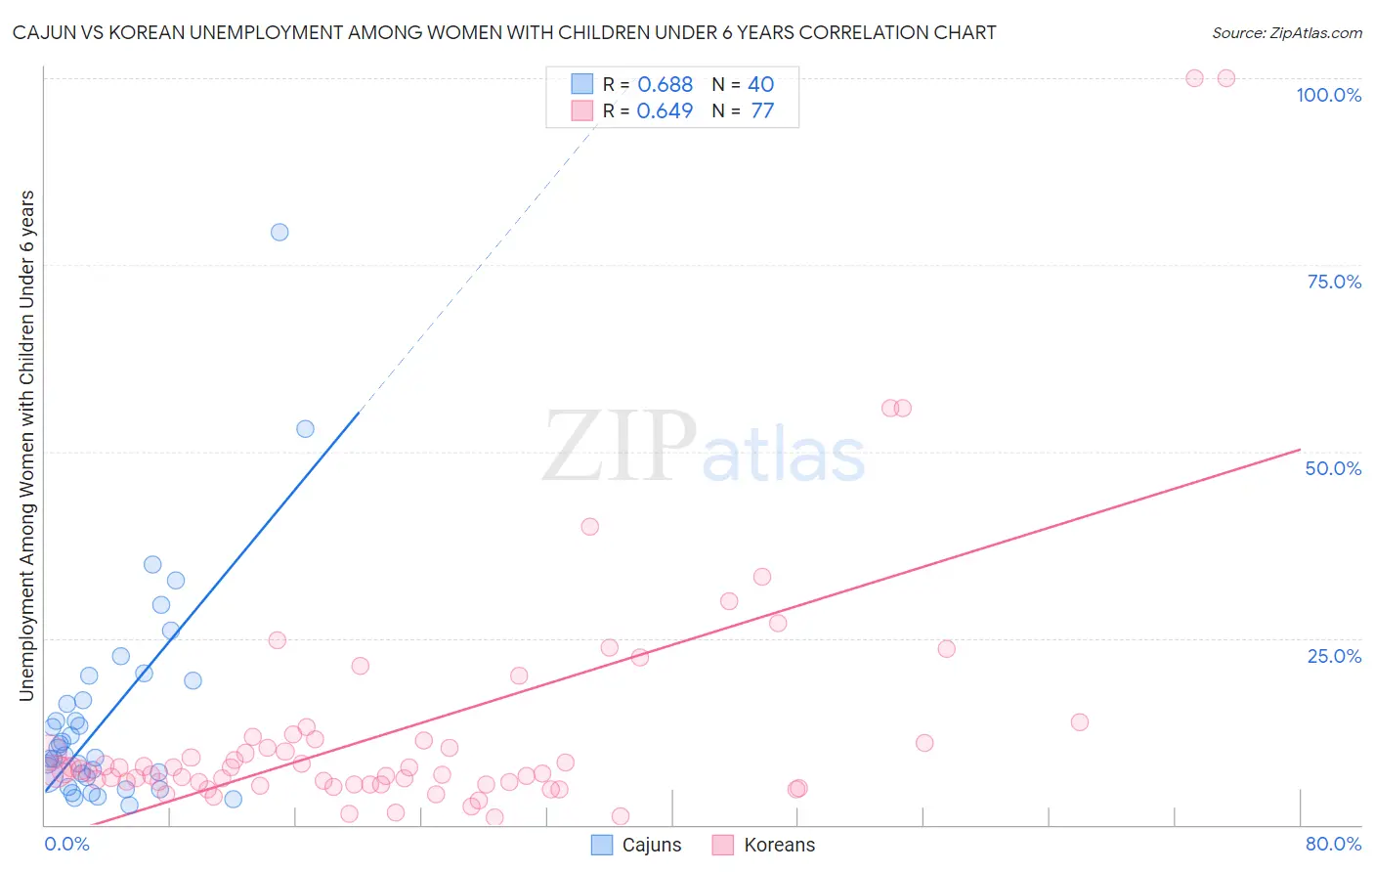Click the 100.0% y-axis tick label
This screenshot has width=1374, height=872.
coord(1328,95)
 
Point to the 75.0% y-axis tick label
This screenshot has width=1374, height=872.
coord(1334,282)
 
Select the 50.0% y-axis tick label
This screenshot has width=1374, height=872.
coord(1333,468)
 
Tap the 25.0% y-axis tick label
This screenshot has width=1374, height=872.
coord(1334,656)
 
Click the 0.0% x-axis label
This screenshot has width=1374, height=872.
coord(66,844)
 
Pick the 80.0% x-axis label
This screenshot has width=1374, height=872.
coord(1333,844)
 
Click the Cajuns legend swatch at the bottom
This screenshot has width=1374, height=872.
coord(602,845)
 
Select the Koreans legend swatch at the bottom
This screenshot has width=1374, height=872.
coord(723,845)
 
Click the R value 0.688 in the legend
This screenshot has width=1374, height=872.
coord(665,85)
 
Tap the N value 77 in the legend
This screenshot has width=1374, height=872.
coord(762,111)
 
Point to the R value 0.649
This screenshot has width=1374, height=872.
coord(665,111)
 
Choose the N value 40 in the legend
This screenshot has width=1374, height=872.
coord(760,85)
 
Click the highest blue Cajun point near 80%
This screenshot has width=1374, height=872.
coord(279,232)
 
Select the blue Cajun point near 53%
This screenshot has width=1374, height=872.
coord(305,429)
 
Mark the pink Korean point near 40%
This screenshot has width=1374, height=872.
coord(589,526)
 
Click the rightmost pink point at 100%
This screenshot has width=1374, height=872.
coord(1226,78)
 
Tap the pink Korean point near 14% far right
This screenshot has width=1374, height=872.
coord(1079,722)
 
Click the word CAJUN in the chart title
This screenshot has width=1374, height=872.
coord(41,32)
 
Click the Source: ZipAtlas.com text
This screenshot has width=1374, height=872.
coord(1286,32)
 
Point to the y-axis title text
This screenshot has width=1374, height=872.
coord(26,445)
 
